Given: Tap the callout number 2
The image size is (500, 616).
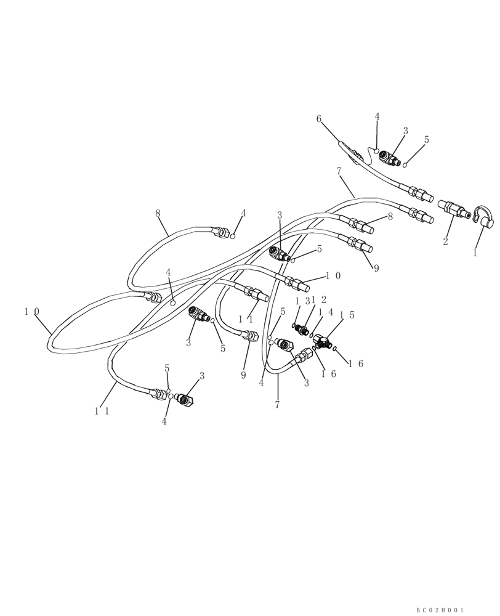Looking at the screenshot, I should pos(445,241).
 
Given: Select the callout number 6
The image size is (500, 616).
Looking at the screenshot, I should pos(319,119).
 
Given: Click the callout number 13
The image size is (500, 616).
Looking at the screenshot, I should pos(302,301).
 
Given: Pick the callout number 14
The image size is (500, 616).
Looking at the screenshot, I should pos(325,313).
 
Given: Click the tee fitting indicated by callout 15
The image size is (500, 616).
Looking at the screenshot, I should pos(321,341).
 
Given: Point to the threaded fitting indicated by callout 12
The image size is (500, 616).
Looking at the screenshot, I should pos(302,331).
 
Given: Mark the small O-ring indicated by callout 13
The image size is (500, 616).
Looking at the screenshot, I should pos(294,325).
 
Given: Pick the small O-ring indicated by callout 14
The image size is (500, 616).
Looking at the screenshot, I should pos(312,335).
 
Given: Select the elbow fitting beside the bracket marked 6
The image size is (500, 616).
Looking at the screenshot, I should pos(389,158).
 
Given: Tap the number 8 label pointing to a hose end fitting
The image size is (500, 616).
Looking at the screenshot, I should pos(390,217).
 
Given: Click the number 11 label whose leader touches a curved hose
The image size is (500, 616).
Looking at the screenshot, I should pos(102,411).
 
